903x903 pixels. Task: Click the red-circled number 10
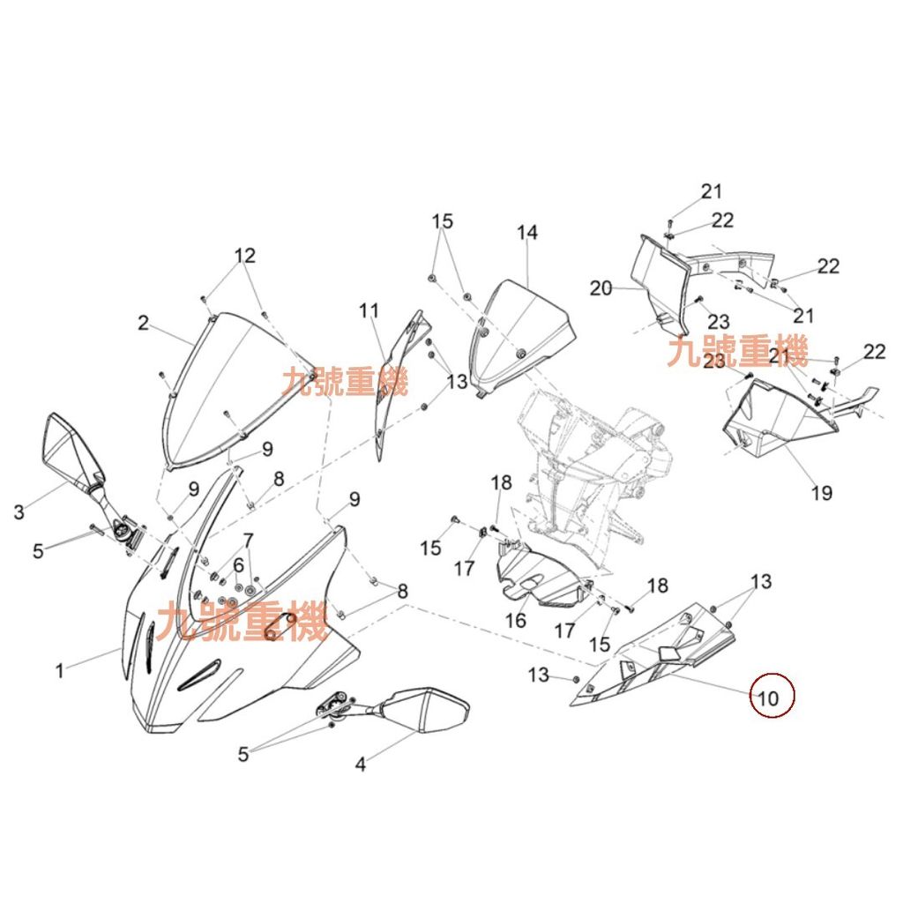click(x=768, y=698)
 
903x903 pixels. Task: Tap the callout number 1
click(x=59, y=671)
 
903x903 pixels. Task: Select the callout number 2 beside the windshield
click(x=144, y=323)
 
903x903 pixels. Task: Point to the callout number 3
click(x=19, y=511)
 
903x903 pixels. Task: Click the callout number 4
click(x=361, y=765)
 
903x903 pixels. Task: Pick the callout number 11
click(x=369, y=311)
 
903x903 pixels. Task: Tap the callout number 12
click(x=245, y=255)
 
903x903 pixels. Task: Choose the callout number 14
click(x=527, y=233)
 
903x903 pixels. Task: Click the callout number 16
click(x=515, y=620)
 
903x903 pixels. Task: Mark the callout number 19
click(x=822, y=492)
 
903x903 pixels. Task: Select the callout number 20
click(x=601, y=288)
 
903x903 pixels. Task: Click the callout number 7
click(x=248, y=541)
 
